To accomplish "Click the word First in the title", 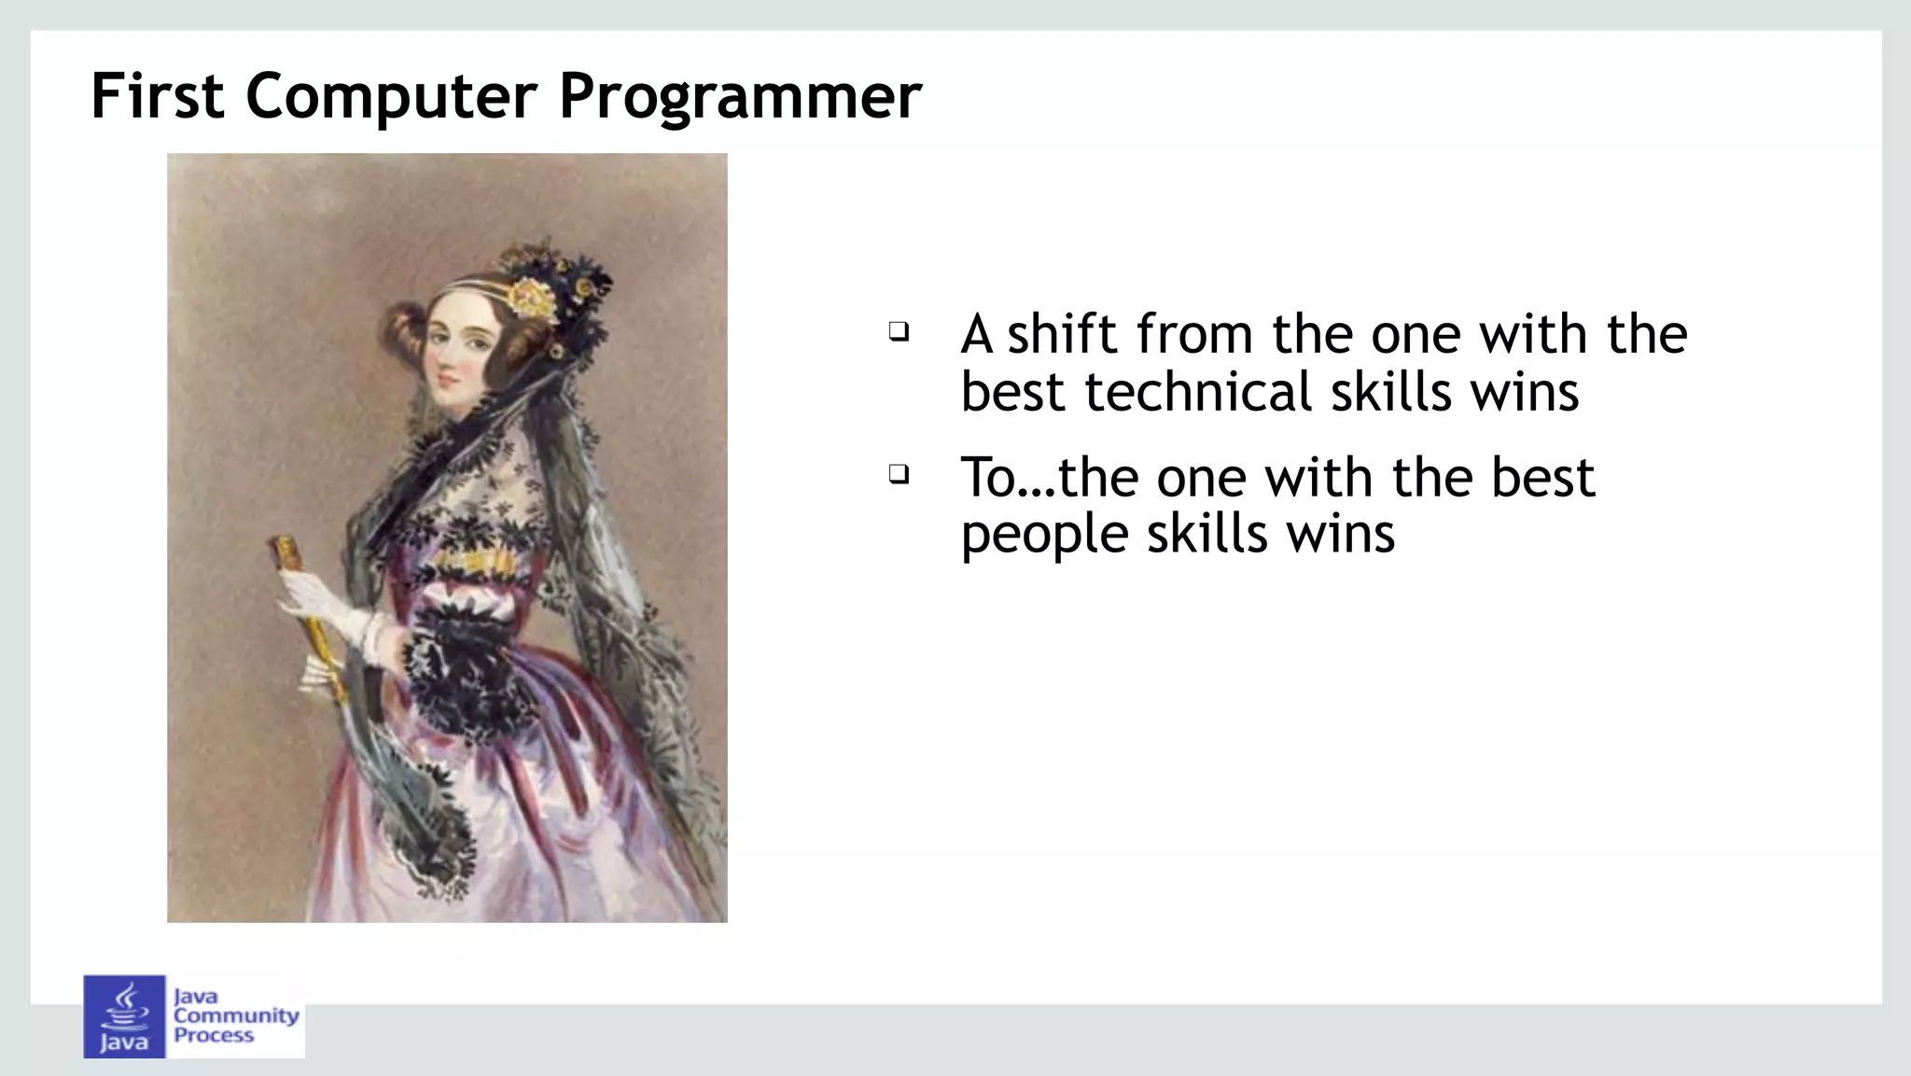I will click(x=157, y=96).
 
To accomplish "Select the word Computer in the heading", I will click(x=391, y=96).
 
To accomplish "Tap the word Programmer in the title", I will click(x=740, y=96).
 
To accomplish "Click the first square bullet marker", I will click(x=898, y=331).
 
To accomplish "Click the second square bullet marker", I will click(x=898, y=474).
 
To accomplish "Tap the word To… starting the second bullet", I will click(x=1007, y=478).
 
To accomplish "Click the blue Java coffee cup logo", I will click(x=124, y=1015).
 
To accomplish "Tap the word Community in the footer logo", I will click(x=236, y=1015).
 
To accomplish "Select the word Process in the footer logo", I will click(x=214, y=1035).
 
